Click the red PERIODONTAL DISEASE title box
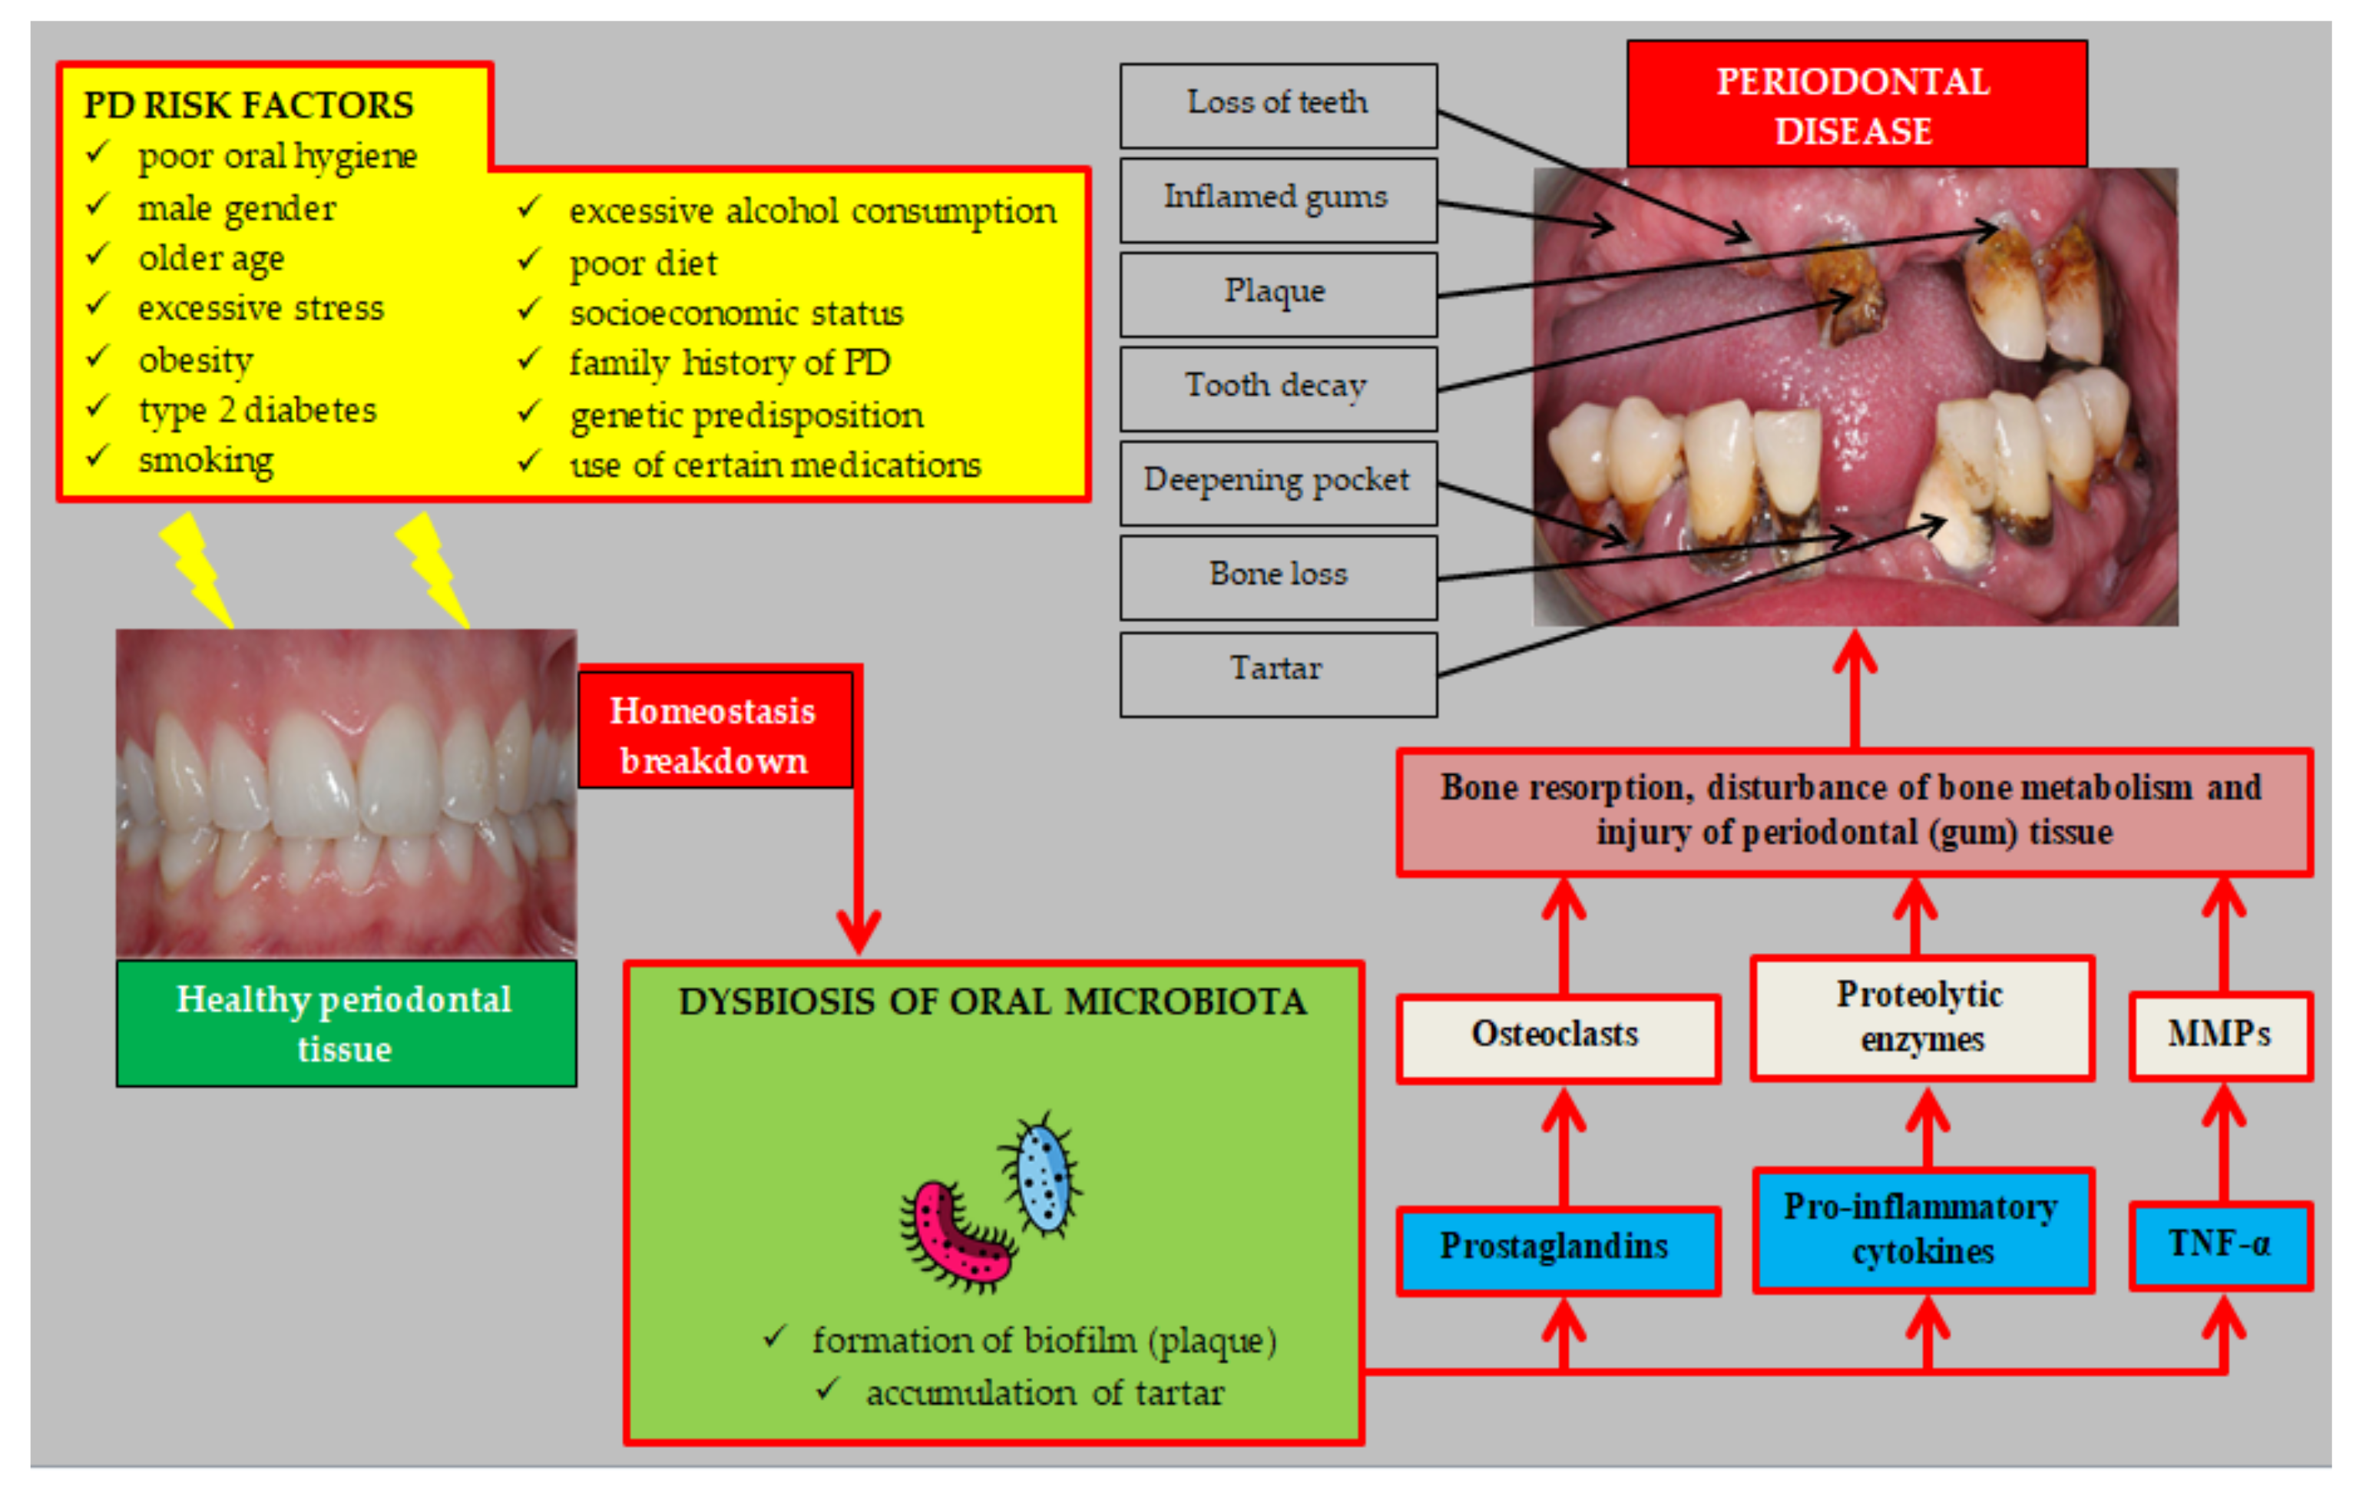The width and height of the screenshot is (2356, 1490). coord(1855,104)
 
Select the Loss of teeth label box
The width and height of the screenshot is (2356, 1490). coord(1277,104)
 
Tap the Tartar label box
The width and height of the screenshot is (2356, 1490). coord(1277,673)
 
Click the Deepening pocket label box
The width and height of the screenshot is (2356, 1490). coord(1277,482)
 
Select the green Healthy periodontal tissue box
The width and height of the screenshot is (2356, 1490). coord(346,1022)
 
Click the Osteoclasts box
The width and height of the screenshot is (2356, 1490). coord(1557,1037)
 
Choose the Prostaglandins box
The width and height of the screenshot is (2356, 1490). coord(1557,1250)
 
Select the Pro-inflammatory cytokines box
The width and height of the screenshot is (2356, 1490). coord(1923,1230)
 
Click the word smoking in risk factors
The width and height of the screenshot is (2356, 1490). coord(206,460)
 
